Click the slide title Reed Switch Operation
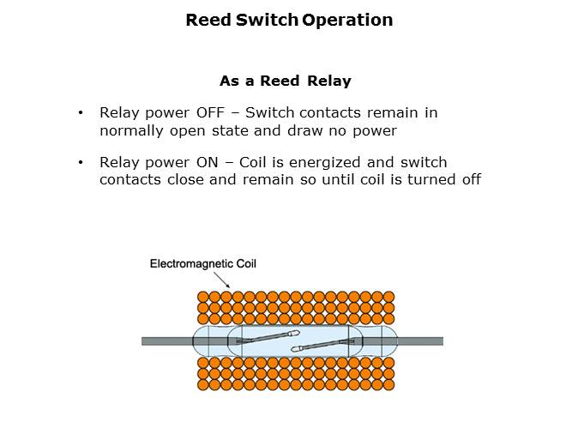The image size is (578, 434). (289, 20)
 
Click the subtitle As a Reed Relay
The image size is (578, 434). (285, 81)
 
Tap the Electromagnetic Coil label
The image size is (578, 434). (203, 263)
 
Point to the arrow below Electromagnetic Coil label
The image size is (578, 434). (221, 280)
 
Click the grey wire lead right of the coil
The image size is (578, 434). (419, 341)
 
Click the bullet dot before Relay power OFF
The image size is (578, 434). (81, 113)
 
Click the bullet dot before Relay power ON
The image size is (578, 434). (81, 163)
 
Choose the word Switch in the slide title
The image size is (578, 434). (267, 20)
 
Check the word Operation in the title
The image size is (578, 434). (347, 20)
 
